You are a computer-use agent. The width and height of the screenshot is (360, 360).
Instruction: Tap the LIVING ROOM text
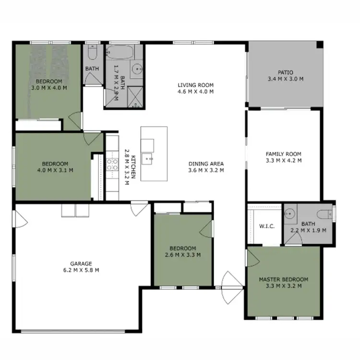coord(195,85)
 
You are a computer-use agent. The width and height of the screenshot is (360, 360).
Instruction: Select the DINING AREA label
coord(206,163)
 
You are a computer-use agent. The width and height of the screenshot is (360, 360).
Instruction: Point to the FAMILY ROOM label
coord(283,154)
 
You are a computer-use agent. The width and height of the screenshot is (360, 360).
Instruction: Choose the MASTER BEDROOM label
coord(283,279)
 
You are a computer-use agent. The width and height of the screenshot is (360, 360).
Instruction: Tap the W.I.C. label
coord(266,226)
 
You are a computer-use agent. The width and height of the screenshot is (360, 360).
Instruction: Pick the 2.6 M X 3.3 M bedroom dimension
coord(182,254)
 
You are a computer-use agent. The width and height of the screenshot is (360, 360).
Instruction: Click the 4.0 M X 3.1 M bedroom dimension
coord(55,169)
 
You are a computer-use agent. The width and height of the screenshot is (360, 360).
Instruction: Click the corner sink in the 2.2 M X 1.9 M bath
coord(289,215)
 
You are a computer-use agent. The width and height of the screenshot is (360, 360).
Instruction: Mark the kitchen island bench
coord(154,154)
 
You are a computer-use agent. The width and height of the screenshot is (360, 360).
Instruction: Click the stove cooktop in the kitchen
coord(112,165)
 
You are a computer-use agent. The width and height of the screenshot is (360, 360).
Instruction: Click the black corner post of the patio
coord(320,45)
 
